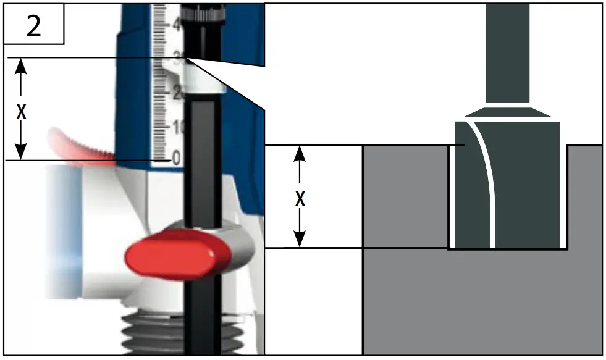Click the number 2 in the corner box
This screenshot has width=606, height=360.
[x=33, y=27]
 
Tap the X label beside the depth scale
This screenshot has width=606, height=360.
[x=21, y=111]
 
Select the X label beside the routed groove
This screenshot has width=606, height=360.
[x=300, y=199]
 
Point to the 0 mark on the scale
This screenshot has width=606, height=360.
[x=177, y=159]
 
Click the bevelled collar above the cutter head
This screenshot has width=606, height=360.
[x=507, y=112]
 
